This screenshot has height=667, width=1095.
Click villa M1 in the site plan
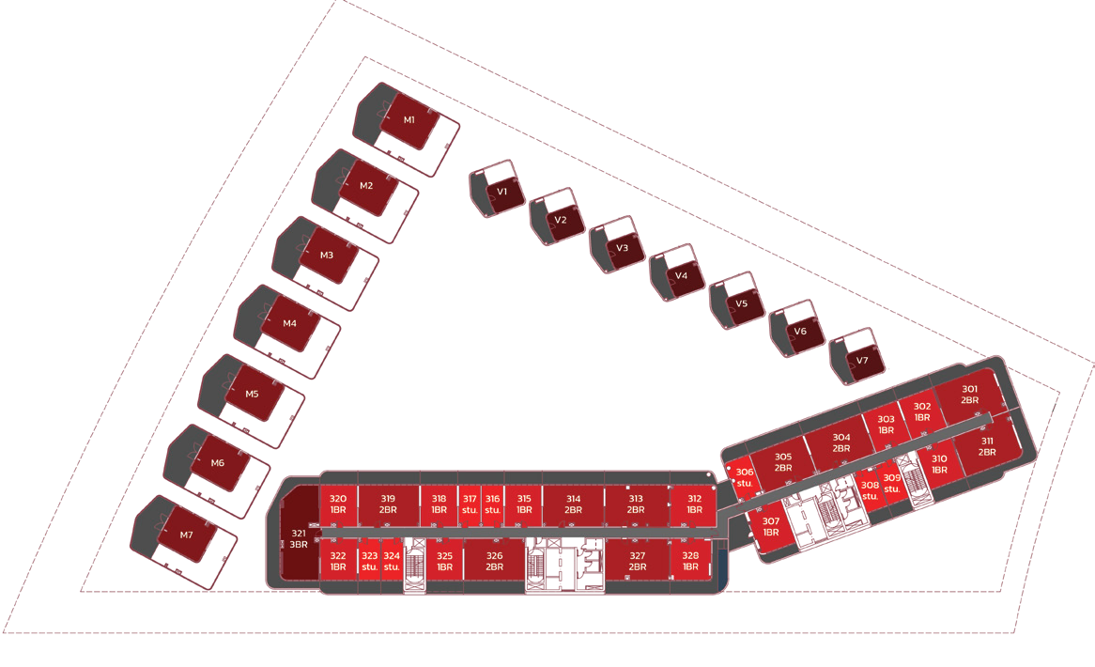click(x=409, y=120)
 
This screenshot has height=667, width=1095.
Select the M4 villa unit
click(x=290, y=323)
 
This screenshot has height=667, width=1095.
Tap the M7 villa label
click(x=187, y=535)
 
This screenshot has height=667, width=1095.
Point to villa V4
click(x=680, y=275)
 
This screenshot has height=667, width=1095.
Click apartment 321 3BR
click(x=299, y=538)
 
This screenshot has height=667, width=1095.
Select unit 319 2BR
click(x=388, y=504)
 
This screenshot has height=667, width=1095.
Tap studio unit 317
click(x=470, y=504)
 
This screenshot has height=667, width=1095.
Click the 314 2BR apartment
click(x=574, y=504)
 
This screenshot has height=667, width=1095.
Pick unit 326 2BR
click(x=494, y=561)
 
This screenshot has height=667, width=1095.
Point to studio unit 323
click(x=369, y=561)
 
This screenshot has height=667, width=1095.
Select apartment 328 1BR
click(x=690, y=561)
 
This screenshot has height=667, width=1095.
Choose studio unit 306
click(x=744, y=478)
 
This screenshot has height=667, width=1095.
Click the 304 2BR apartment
click(x=841, y=442)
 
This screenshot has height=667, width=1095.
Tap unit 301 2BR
click(x=969, y=395)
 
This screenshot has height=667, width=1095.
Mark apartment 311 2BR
click(x=986, y=446)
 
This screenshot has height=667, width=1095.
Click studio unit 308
click(x=869, y=490)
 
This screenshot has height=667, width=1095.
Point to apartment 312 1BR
click(x=694, y=504)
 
